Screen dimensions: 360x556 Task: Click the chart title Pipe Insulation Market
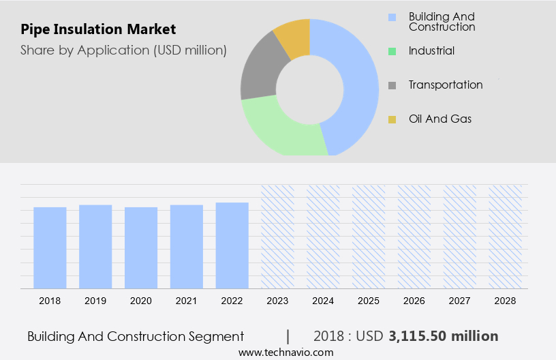pos(98,29)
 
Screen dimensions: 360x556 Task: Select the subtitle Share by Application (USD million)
pos(123,50)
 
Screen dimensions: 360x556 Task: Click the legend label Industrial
pos(431,50)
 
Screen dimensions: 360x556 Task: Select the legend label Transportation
pos(446,85)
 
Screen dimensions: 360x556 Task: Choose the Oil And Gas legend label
pos(440,119)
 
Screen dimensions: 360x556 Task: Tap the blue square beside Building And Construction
pos(392,17)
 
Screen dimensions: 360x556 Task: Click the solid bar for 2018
pos(50,247)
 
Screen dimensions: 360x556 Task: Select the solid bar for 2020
pos(141,247)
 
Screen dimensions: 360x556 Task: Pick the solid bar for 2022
pos(232,245)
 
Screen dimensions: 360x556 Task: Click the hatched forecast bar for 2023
pos(277,236)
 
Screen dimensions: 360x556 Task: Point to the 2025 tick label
pos(369,300)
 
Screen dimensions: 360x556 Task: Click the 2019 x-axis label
pos(95,300)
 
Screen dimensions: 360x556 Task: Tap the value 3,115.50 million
pos(444,336)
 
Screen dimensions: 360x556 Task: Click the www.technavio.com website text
pos(285,352)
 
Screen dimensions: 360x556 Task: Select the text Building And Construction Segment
pos(136,336)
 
